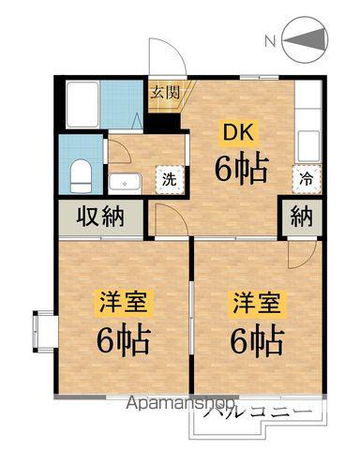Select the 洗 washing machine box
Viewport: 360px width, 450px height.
coord(170,178)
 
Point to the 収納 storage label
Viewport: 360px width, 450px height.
coord(100,217)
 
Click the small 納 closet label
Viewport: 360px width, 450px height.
coord(300,217)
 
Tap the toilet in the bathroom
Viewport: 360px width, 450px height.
coord(81,172)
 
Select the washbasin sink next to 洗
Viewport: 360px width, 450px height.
coord(125,182)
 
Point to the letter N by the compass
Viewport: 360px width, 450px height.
coord(270,41)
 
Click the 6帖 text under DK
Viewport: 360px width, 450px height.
coord(242,169)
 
